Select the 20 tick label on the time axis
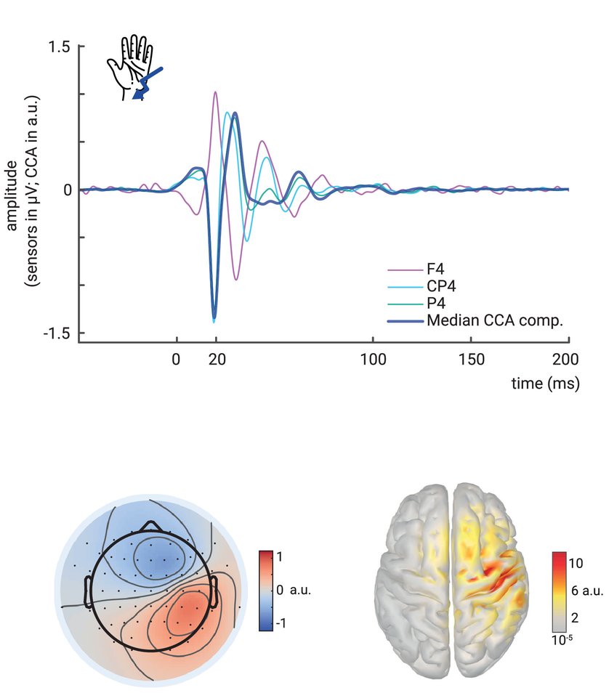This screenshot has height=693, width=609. [215, 358]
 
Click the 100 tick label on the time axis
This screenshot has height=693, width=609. [373, 358]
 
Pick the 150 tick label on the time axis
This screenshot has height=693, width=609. [471, 358]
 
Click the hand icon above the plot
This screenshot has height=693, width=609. [129, 64]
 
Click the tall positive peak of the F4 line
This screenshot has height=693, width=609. [215, 93]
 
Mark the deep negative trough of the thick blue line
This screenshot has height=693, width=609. [214, 316]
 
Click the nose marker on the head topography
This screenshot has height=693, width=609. [151, 524]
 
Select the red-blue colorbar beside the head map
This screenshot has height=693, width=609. [265, 590]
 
